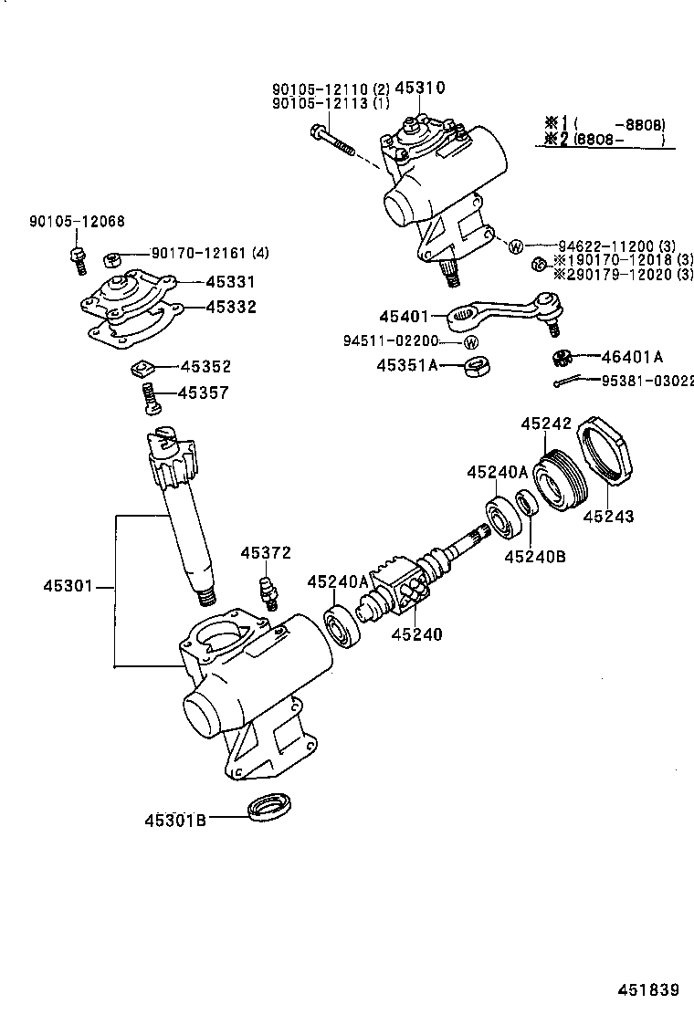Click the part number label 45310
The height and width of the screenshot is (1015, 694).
[419, 88]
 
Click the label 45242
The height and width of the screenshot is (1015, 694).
[546, 424]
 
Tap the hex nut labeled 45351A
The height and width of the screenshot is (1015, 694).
[475, 366]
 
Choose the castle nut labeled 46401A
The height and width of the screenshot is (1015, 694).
[560, 357]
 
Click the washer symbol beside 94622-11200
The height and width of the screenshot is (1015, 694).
[515, 246]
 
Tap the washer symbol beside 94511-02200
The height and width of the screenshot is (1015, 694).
[470, 342]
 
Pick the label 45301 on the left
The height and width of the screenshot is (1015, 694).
[68, 585]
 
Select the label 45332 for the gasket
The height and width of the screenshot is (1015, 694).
[230, 307]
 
